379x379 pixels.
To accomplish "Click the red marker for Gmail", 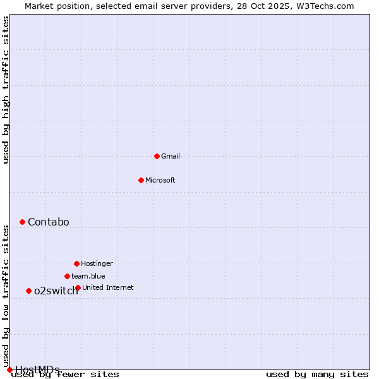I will pos(157,156).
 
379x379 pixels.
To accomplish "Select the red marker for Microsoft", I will pos(141,180).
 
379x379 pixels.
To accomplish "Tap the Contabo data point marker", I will pos(22,222).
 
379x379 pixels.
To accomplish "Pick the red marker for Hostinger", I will pos(76,263).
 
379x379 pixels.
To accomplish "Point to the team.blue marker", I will pos(67,276).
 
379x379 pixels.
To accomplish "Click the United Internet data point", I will pos(78,287).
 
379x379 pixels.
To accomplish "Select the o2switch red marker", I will pos(28,291).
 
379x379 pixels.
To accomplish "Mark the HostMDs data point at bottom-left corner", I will pos(9,370).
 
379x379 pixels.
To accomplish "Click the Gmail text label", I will pos(171,156).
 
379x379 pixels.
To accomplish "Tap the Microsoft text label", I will pos(160,180).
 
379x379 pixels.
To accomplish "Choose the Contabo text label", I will pos(49,222).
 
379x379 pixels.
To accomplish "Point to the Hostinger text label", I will pos(97,263).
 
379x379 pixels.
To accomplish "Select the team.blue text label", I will pos(88,276).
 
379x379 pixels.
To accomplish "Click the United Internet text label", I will pos(108,287).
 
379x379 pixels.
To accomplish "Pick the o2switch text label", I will pos(56,291).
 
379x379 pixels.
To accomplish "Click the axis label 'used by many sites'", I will pos(317,374).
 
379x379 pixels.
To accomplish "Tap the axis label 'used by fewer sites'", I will pos(65,374).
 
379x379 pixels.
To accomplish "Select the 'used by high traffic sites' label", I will pos(6,90).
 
